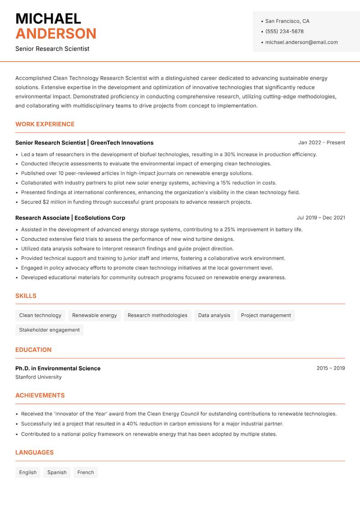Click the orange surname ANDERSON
[56, 34]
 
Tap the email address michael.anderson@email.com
[301, 42]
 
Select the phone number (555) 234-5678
[284, 31]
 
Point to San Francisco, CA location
[287, 21]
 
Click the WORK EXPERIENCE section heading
[45, 124]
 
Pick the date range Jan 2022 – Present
[321, 143]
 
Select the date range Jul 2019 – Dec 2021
[321, 218]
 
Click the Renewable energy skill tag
[94, 315]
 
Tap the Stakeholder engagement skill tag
[49, 330]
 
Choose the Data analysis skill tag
[214, 315]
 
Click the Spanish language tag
[57, 472]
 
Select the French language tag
[85, 472]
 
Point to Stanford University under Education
[39, 377]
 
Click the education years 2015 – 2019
[331, 368]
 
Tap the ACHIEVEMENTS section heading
[40, 395]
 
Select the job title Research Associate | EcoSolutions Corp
[70, 218]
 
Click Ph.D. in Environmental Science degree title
[58, 368]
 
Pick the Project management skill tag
[266, 315]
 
